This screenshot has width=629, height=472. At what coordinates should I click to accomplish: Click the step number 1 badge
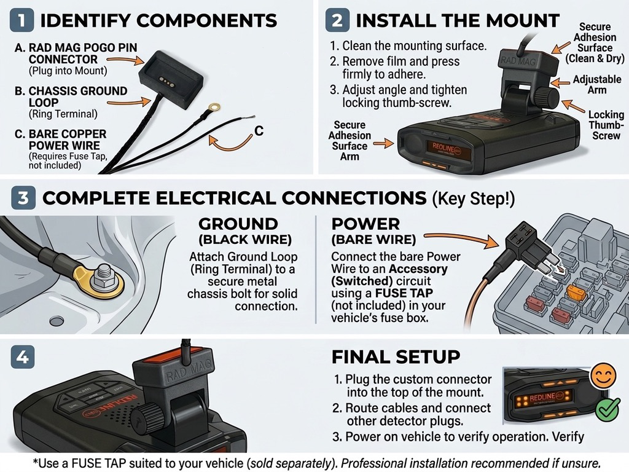coord(22,20)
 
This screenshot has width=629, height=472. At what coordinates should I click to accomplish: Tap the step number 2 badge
coord(337,20)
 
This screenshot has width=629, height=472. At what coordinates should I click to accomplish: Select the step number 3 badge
coord(23,197)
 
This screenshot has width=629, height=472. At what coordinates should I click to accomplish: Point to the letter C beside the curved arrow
coord(259,131)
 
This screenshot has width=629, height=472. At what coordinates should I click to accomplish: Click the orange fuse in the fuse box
coord(576,293)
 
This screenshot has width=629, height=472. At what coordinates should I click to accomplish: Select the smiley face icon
coord(603,376)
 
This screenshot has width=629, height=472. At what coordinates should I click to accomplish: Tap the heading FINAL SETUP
coord(396,357)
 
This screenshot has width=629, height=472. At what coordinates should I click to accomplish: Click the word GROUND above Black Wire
coord(238,224)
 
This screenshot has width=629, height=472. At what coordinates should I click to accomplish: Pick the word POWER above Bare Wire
coord(365,224)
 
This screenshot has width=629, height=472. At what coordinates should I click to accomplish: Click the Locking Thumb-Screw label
coord(606,125)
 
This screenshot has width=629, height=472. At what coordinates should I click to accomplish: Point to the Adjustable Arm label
coord(597,84)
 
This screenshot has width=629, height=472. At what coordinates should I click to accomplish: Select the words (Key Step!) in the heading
coord(473,199)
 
